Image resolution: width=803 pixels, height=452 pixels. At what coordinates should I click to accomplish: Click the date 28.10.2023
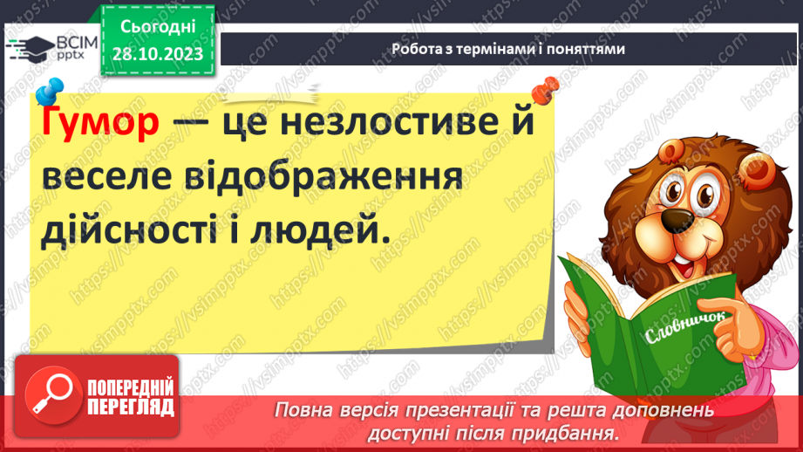coord(157,53)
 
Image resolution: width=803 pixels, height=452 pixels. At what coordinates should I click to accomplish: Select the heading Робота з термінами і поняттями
coord(508,50)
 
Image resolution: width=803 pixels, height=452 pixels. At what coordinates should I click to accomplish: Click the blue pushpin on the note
coord(50,90)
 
